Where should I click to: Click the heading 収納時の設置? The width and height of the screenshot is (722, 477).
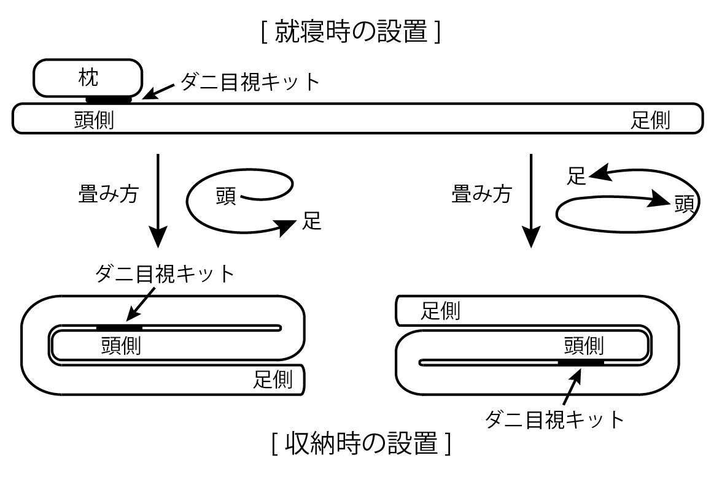362,443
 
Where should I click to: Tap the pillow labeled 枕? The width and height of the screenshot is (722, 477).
88,77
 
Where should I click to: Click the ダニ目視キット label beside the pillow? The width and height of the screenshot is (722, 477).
250,82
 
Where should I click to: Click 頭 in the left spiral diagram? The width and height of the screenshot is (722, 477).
226,197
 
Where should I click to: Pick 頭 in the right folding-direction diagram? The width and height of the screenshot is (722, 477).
683,203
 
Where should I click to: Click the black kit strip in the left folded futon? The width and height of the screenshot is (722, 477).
119,327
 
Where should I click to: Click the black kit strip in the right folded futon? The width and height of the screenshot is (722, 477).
581,363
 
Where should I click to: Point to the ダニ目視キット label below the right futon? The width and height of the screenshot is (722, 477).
554,419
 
